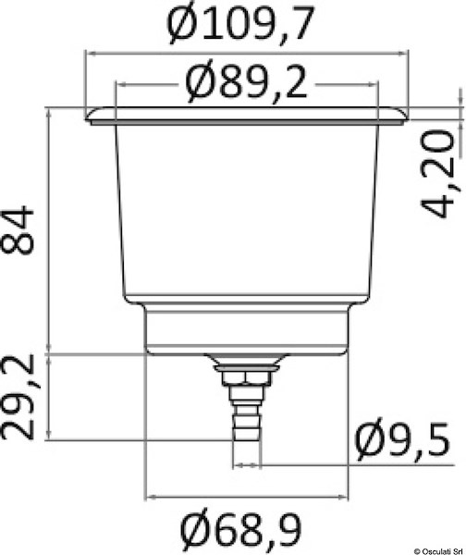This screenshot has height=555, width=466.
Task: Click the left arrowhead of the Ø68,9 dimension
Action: [151, 494]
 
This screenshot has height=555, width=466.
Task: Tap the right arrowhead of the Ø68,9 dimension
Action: [347, 494]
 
